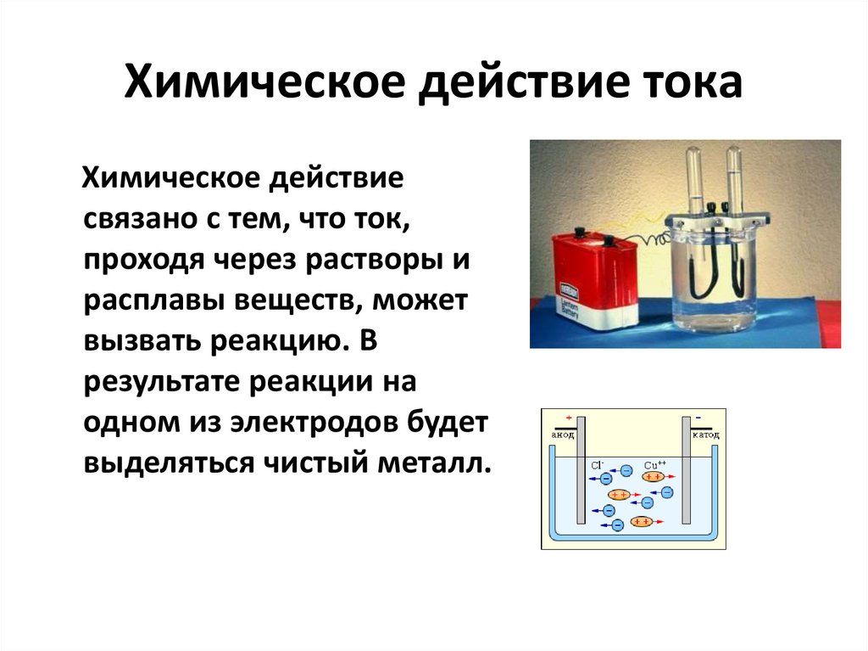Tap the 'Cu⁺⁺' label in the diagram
[654, 465]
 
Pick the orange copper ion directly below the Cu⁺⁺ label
[653, 477]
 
